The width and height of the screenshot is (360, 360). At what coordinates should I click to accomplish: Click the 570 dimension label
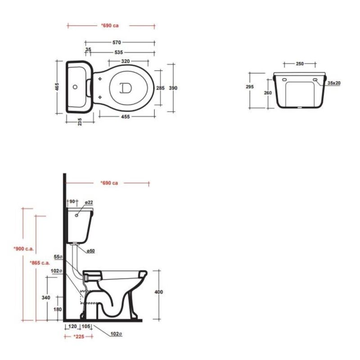(x=117, y=42)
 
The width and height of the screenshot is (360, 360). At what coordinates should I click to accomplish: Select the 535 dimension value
(x=119, y=52)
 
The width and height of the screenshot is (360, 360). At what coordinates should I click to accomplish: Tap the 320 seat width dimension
(x=126, y=61)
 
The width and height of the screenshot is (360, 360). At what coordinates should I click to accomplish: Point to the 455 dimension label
(x=126, y=117)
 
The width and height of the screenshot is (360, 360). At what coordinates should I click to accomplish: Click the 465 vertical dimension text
(x=57, y=87)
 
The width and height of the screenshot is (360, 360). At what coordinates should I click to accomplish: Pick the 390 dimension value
(x=173, y=88)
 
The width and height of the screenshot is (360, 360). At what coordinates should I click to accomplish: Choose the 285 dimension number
(x=160, y=88)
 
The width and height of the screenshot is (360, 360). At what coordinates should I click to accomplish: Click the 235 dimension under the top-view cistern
(x=80, y=121)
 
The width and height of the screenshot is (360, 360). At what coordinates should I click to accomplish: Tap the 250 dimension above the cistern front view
(x=300, y=63)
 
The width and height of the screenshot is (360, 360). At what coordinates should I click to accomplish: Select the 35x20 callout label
(x=334, y=83)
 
